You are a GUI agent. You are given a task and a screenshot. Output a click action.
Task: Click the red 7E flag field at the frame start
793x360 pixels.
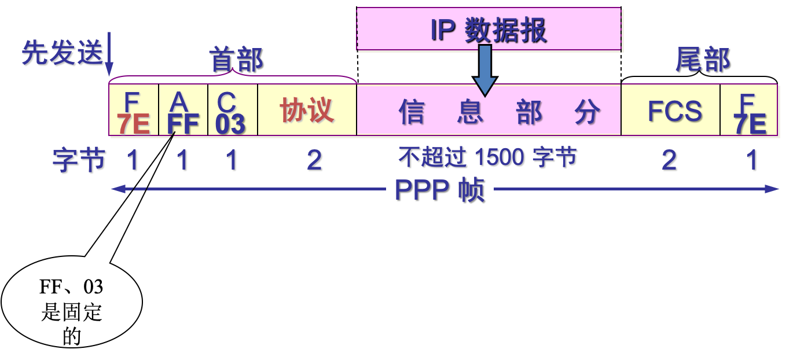point(134,111)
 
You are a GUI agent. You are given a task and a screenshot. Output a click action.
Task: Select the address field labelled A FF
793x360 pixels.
point(183,111)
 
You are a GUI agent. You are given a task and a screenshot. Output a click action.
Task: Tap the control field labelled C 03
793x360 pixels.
point(232,111)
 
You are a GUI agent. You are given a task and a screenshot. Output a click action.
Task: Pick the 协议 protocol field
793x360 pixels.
point(307,110)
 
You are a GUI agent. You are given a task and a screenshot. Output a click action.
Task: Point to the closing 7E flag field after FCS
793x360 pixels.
point(749,111)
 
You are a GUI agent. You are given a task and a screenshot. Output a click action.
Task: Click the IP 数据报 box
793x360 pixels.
point(489,30)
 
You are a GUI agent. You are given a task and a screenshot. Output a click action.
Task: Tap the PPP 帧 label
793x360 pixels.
point(439,189)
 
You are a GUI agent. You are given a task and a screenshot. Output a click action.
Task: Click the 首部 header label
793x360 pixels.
point(236,60)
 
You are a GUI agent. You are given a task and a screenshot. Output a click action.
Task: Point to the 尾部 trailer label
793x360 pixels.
point(702,59)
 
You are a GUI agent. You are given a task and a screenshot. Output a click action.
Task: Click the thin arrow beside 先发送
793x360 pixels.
point(109,55)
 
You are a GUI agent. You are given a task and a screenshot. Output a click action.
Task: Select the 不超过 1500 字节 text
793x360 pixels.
point(488,157)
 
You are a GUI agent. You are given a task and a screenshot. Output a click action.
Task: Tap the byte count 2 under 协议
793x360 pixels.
point(315,160)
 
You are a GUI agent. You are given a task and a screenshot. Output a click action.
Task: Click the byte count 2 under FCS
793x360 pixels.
point(670,160)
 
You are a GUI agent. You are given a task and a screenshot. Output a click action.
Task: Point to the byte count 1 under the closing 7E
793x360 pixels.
point(752,160)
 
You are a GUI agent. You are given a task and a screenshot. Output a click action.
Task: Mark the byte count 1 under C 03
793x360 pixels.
point(233,160)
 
